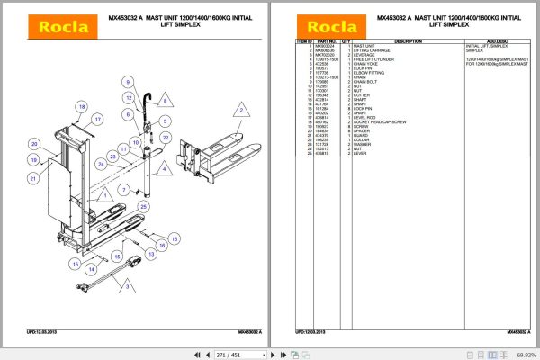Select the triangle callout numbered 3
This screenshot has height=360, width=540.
127,286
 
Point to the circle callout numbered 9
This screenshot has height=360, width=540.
115,83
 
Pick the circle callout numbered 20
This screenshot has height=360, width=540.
32,144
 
